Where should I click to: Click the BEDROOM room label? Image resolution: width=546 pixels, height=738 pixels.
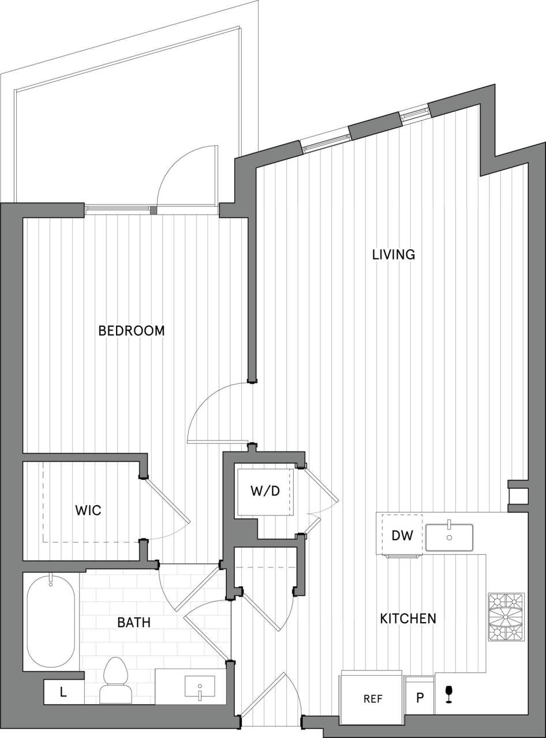(132, 331)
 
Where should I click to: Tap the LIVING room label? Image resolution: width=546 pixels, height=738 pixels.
(394, 254)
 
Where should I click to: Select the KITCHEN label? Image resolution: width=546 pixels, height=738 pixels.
(407, 619)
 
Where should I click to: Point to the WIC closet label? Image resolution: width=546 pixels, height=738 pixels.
(88, 510)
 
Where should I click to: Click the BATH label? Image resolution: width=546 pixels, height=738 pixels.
(133, 623)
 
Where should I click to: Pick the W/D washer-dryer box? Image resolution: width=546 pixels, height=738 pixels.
(265, 492)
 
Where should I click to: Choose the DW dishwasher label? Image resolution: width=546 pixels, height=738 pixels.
(402, 535)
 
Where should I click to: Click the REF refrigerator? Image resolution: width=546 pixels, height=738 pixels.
(373, 699)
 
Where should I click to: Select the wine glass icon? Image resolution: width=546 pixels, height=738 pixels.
(449, 694)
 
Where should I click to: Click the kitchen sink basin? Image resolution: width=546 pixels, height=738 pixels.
(449, 537)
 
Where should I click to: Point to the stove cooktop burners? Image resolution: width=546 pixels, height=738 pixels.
(506, 617)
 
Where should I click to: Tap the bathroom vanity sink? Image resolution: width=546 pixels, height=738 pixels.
(200, 688)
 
